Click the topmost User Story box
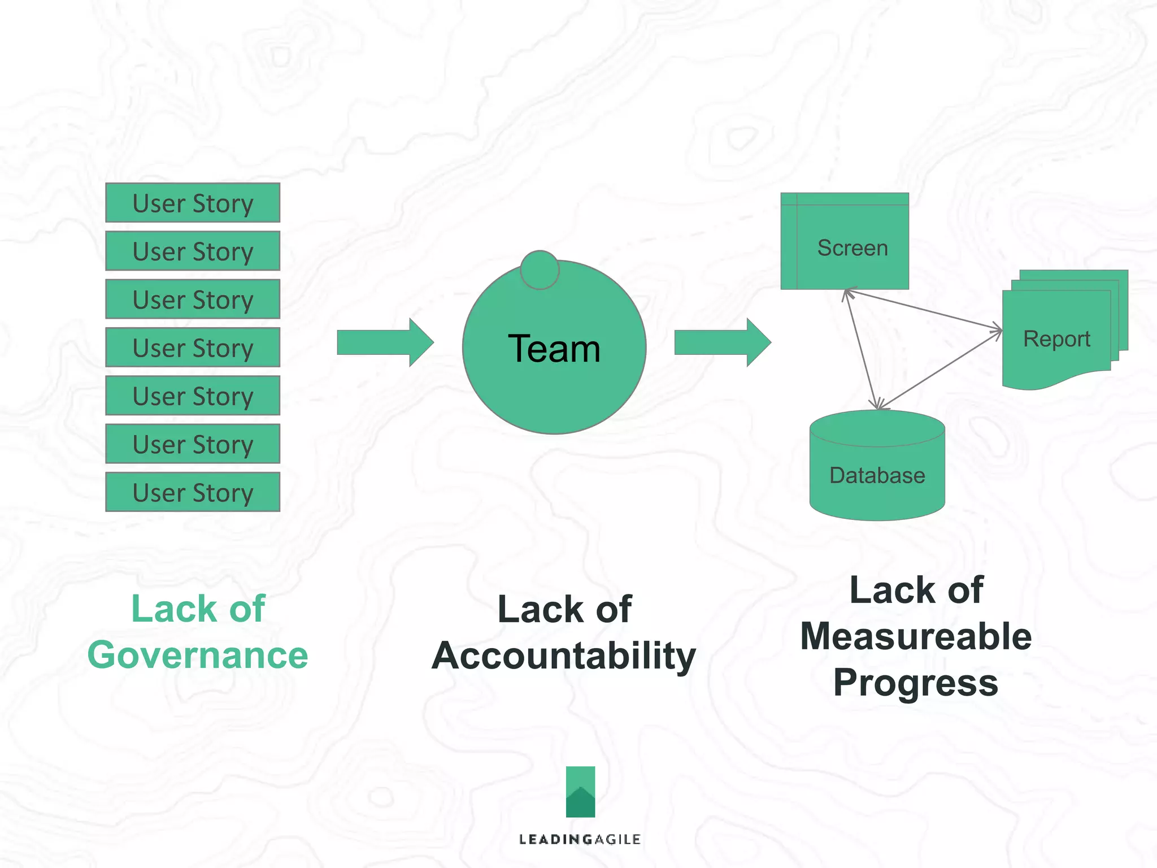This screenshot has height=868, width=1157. [x=193, y=203]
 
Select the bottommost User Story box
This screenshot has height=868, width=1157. [x=193, y=492]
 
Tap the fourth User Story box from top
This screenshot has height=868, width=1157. [x=193, y=348]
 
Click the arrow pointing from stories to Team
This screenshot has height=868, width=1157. [x=385, y=342]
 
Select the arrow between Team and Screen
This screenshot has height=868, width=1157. [x=722, y=342]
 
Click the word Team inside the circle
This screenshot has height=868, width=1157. [x=554, y=349]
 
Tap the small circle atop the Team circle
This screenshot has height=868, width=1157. [x=540, y=270]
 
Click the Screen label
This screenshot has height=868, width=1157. [x=852, y=248]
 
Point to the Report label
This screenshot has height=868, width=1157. [x=1056, y=339]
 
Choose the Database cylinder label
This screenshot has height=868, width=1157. [x=877, y=476]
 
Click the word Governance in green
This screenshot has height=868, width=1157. [x=198, y=656]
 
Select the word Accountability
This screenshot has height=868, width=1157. [x=564, y=656]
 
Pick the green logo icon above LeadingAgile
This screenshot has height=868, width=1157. [x=580, y=792]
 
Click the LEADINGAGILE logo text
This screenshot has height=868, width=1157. [x=580, y=840]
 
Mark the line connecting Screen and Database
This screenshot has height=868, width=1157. [x=862, y=349]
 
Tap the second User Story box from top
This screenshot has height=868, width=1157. [x=193, y=251]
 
